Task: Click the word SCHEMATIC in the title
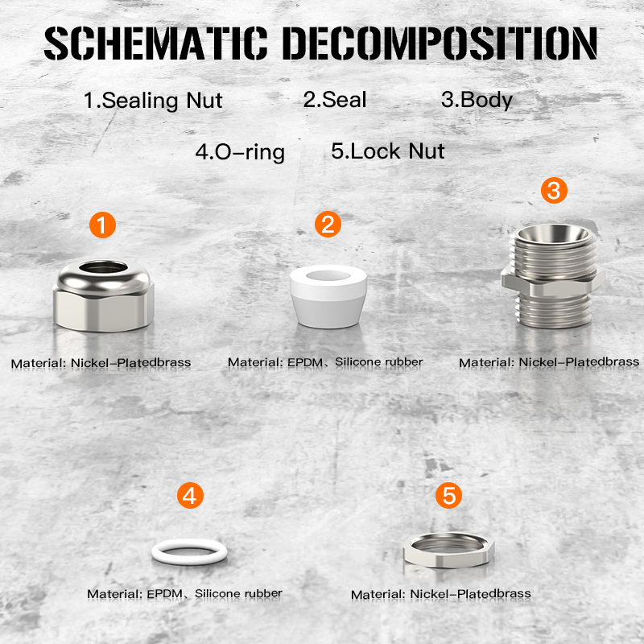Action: click(x=155, y=43)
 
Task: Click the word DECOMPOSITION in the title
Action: click(x=440, y=43)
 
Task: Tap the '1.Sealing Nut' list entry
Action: click(x=153, y=101)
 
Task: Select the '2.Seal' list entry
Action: click(x=335, y=100)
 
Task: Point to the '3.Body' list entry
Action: click(x=477, y=100)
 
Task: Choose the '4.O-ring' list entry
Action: click(x=240, y=152)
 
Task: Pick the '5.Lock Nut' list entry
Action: click(x=388, y=151)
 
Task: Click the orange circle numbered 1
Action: click(x=103, y=225)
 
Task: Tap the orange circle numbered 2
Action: click(x=328, y=225)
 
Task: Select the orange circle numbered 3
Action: click(x=554, y=190)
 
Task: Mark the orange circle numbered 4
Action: click(x=190, y=495)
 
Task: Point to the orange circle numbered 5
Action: click(x=448, y=495)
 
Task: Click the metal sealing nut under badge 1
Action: click(x=104, y=304)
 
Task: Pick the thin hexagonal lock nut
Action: click(x=448, y=561)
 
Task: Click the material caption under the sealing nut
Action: click(x=101, y=363)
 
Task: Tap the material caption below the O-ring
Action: click(x=185, y=594)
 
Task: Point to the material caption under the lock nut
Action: click(x=441, y=594)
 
